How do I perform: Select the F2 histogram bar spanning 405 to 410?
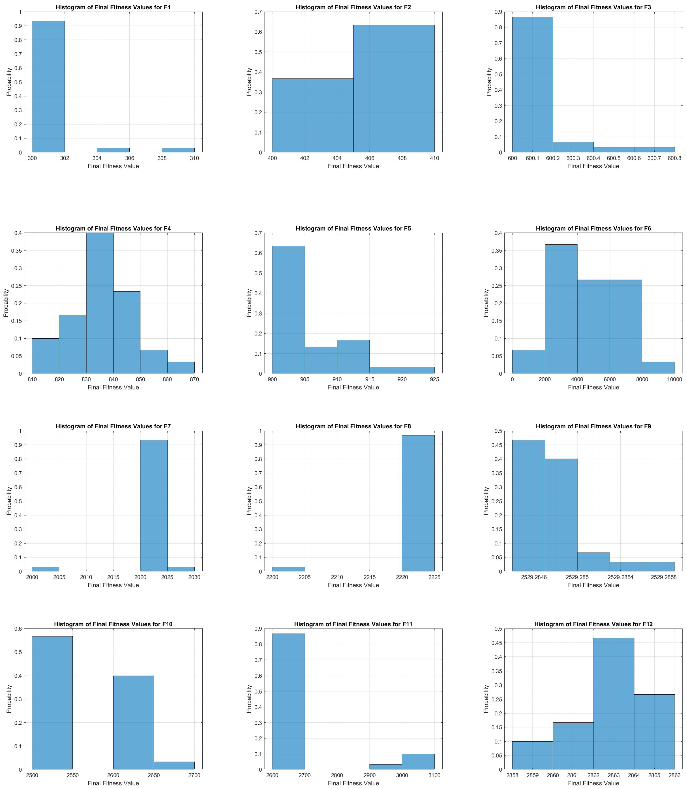394,88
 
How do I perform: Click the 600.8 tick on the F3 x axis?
674,158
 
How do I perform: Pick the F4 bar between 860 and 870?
181,367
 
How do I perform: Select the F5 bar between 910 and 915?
353,356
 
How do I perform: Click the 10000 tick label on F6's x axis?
674,379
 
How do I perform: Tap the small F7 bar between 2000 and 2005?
45,569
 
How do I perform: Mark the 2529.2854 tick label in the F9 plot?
626,577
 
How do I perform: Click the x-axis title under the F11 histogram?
353,783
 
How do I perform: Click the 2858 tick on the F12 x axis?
512,775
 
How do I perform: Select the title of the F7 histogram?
113,426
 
